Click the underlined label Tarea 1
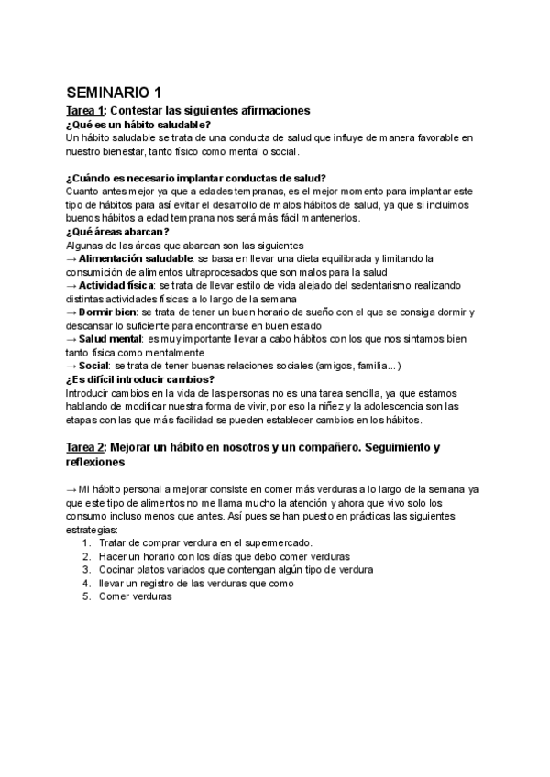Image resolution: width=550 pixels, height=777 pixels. [x=86, y=110]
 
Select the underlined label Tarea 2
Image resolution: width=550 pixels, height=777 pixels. [x=86, y=447]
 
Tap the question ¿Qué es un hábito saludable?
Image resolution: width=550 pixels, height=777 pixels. [x=139, y=125]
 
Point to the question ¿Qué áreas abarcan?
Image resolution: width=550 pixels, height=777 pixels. [x=118, y=232]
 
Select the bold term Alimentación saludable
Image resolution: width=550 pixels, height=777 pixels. [x=130, y=259]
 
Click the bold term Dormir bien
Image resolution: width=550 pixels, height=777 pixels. [x=108, y=312]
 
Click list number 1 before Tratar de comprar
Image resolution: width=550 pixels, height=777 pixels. [x=85, y=542]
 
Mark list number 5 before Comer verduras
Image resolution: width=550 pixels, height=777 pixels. [x=85, y=596]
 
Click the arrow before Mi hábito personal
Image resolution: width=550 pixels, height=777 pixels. [x=72, y=489]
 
